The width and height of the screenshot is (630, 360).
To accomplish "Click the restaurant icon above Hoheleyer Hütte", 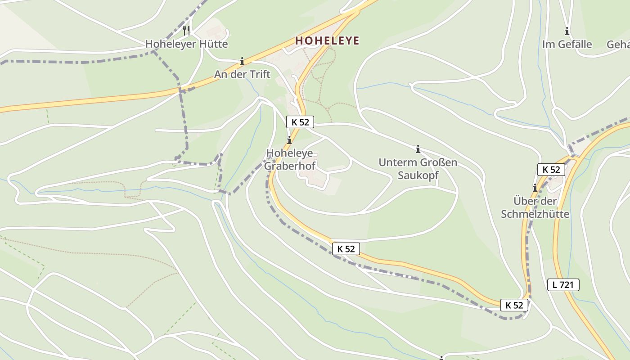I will tap(186, 31).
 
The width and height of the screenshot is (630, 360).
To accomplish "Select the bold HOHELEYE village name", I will tap(327, 41).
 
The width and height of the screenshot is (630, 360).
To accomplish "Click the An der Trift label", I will tap(242, 74).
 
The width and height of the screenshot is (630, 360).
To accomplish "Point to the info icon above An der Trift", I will tap(242, 61).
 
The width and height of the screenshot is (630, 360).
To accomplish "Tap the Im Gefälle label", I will tap(567, 45).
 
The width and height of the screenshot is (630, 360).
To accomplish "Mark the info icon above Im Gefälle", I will tap(567, 31).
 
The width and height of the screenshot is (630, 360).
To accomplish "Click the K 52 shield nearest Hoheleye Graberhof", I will tap(300, 121).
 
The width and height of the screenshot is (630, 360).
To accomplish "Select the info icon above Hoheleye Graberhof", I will tap(289, 140).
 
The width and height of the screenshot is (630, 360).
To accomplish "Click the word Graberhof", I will tap(289, 166).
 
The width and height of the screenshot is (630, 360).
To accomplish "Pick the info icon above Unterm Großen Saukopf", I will tap(418, 149).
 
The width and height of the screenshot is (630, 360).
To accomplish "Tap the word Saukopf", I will tap(418, 175).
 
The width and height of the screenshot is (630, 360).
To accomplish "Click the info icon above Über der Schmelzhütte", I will tap(535, 188).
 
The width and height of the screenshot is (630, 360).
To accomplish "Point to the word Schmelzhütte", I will tap(535, 214).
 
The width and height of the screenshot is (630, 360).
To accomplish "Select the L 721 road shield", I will tap(563, 284).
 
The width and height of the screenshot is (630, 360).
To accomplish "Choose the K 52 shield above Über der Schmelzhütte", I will tap(551, 169).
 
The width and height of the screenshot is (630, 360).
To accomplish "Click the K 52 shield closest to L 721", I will tap(514, 305).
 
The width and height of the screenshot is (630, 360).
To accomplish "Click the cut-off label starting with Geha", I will tap(618, 45).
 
